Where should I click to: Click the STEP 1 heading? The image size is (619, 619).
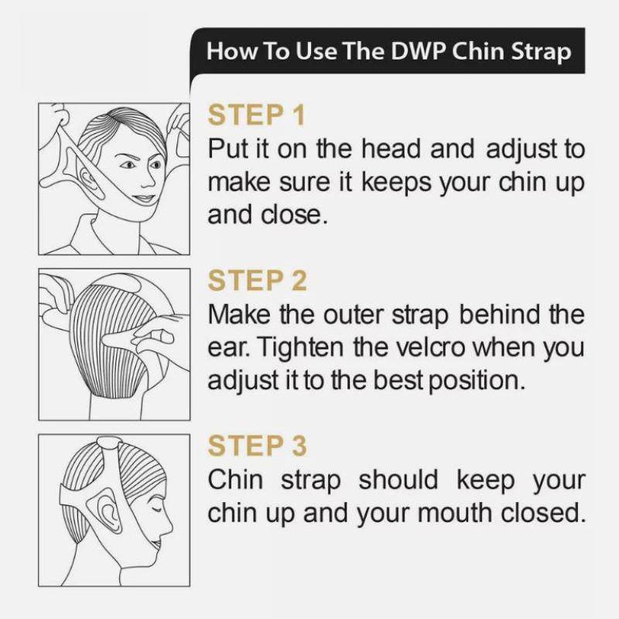tap(257, 115)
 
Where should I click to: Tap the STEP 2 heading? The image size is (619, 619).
tap(258, 281)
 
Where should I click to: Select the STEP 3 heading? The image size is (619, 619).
tap(258, 446)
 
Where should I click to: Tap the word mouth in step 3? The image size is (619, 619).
tap(464, 513)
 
